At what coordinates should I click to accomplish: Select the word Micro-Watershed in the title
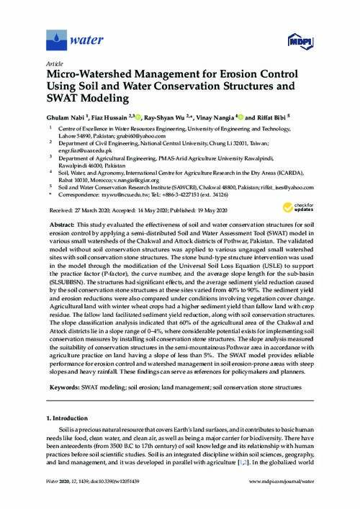88,73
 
